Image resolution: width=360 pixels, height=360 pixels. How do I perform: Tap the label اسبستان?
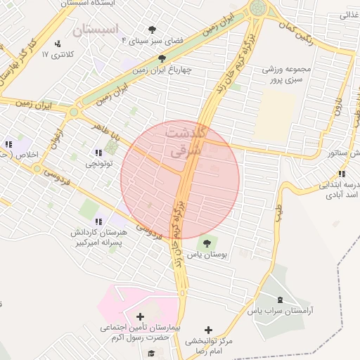point(97,30)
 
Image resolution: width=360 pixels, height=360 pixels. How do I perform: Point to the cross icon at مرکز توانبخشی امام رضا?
point(208,329)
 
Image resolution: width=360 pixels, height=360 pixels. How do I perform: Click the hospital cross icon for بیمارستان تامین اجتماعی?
point(140,317)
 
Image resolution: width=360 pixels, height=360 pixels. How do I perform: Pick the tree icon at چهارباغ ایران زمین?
point(162,59)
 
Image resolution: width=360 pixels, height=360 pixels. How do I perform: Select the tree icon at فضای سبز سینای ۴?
point(153,29)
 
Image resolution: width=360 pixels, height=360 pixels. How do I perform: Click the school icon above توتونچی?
point(97,153)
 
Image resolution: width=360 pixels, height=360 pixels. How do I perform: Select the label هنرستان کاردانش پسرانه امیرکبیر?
point(97,237)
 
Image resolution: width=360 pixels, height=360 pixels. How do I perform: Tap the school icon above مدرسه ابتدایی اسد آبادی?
point(341,174)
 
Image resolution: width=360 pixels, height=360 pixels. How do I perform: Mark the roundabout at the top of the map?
point(260,8)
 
